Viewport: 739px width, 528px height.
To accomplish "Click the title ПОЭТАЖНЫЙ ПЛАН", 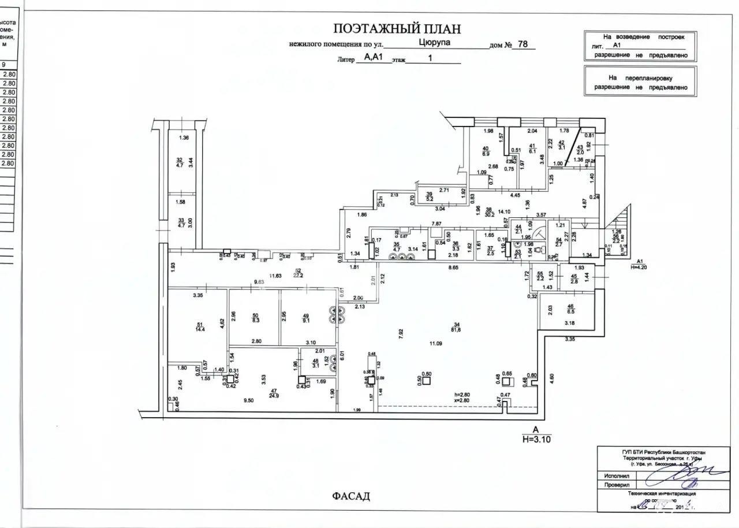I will pos(397,29).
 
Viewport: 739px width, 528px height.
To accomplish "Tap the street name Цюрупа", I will pos(434,42).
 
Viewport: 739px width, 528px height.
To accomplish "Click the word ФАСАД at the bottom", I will pos(350,496).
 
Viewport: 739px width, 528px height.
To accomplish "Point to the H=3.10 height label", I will pos(536,439).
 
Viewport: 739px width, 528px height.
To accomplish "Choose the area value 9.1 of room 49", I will pos(306,321).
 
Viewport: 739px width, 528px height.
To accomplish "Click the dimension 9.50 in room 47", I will pos(249,400).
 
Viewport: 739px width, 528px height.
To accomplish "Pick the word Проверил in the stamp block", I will pos(617,485).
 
